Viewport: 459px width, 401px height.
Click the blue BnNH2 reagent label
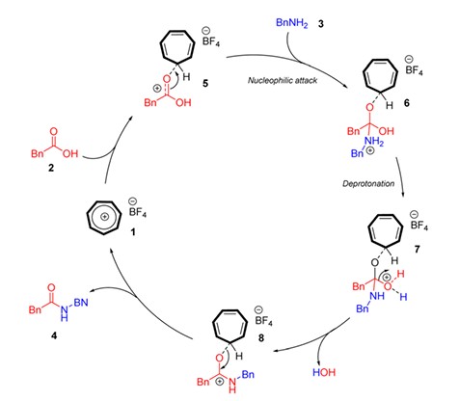coord(292,23)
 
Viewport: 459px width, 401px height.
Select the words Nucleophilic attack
coord(283,80)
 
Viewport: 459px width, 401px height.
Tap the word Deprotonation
coord(368,184)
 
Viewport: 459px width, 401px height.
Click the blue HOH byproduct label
coord(324,372)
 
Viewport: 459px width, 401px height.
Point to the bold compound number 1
coord(133,231)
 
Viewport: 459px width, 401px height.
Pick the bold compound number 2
coord(51,168)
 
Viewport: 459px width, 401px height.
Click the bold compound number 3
coord(320,24)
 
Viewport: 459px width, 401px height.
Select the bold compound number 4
coord(54,335)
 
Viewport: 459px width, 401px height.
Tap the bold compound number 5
coord(205,84)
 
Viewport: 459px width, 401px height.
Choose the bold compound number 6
coord(407,103)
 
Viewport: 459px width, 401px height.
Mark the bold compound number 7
coord(417,249)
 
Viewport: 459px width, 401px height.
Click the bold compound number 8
coord(261,337)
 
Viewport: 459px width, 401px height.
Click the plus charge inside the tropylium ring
coord(104,217)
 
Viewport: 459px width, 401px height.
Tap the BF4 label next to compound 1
coord(138,212)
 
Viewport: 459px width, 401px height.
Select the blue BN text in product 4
coord(81,303)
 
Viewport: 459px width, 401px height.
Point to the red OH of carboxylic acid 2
coord(70,153)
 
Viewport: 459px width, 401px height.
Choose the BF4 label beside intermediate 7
coord(419,225)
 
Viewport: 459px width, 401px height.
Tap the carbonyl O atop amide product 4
coord(51,287)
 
